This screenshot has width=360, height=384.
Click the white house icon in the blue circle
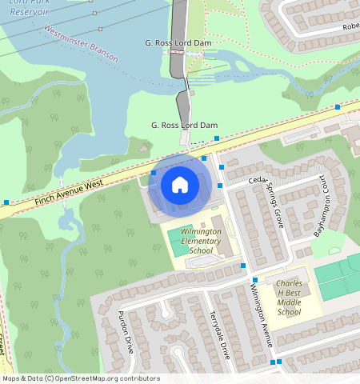click(x=180, y=186)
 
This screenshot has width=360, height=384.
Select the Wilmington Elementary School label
click(x=196, y=240)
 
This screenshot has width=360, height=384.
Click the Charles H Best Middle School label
click(x=289, y=298)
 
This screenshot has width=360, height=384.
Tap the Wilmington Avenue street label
click(x=262, y=310)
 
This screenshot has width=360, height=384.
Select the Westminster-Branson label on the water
click(x=81, y=43)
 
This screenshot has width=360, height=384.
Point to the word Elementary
click(x=196, y=241)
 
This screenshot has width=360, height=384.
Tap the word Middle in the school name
click(x=289, y=302)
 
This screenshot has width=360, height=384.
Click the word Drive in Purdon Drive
click(x=129, y=342)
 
